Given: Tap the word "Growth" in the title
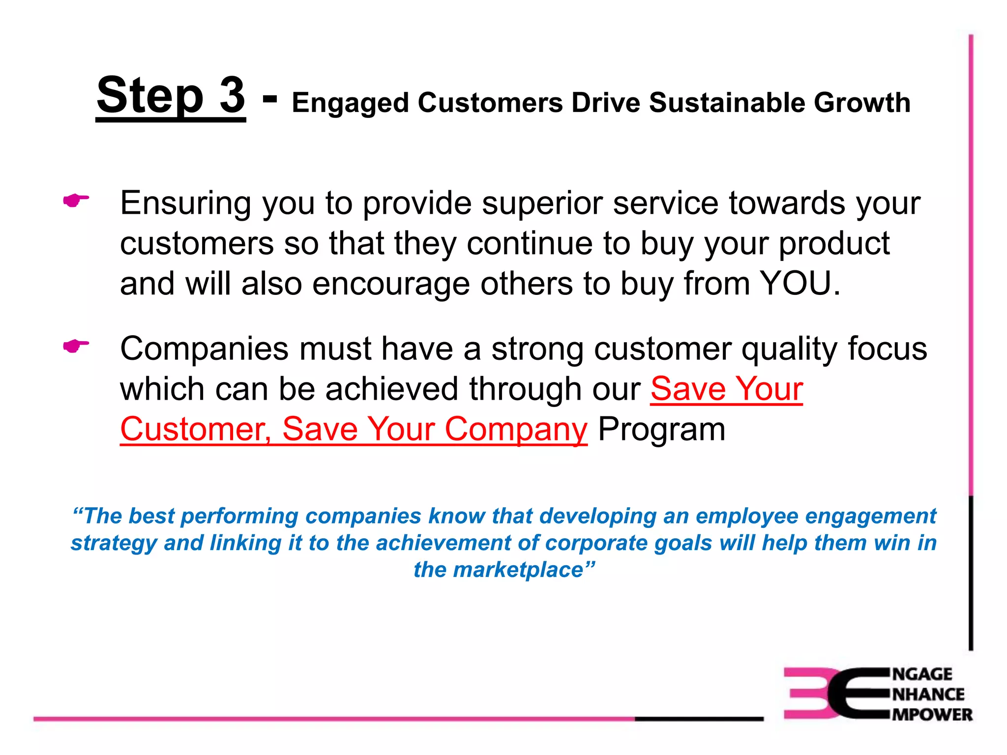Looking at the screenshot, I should (862, 103).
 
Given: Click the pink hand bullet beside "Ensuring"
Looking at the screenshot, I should (76, 201).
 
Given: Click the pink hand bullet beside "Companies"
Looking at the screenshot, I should (76, 346).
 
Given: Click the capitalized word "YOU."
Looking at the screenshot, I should (800, 284).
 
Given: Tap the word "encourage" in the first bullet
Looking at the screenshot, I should (391, 285).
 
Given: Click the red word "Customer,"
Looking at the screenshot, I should (195, 429).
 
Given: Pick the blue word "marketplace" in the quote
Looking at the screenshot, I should (518, 570).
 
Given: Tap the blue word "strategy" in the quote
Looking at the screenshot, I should (114, 543).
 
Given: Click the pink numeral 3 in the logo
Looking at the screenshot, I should (807, 693).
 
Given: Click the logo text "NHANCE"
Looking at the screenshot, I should (928, 694).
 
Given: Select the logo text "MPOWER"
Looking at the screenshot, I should (932, 714).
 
